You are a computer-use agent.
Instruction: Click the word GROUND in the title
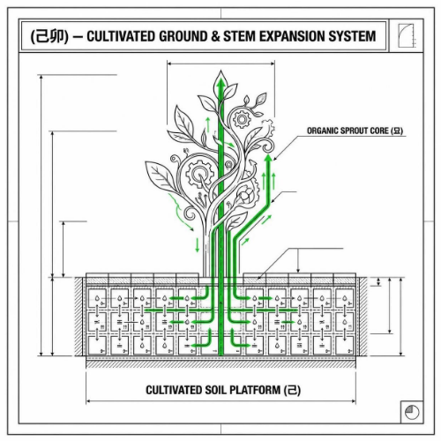tap(183, 36)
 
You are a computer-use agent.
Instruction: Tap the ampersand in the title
tap(215, 36)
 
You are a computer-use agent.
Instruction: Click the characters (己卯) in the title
tap(49, 36)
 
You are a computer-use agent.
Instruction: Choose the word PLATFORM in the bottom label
tap(255, 390)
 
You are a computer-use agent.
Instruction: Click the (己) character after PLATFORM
tap(292, 390)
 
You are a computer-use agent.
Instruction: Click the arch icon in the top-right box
tap(406, 35)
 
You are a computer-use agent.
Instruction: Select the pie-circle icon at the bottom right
tap(412, 412)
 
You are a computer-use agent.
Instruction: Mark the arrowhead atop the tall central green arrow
tap(220, 83)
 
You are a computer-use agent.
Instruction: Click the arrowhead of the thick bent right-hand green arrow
tap(268, 158)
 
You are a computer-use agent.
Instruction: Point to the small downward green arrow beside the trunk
tap(198, 245)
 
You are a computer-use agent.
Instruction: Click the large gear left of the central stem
tap(199, 174)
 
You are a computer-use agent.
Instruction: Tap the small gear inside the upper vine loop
tap(242, 119)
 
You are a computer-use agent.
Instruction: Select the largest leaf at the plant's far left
tap(161, 176)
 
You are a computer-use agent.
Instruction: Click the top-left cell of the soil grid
tap(97, 298)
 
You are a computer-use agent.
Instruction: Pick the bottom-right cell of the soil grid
tap(345, 345)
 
